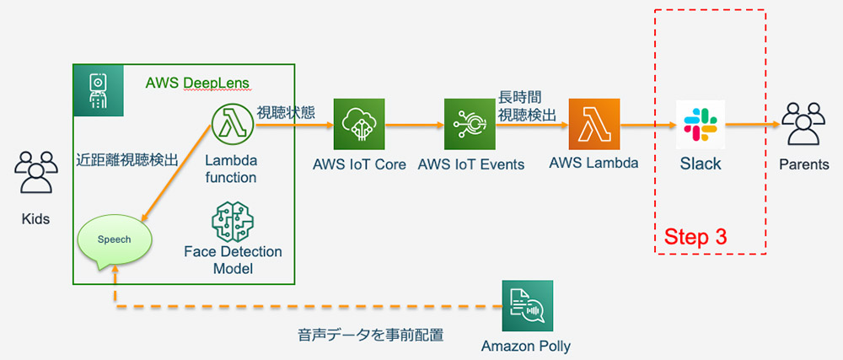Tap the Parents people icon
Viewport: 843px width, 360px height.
(x=803, y=124)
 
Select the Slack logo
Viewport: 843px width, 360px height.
(x=700, y=125)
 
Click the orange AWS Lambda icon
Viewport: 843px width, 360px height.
(x=594, y=124)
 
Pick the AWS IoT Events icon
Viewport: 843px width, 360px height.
(x=470, y=124)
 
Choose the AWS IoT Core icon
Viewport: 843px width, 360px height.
(x=359, y=124)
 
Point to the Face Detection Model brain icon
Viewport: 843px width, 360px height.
(x=233, y=222)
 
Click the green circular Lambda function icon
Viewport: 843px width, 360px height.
(x=233, y=125)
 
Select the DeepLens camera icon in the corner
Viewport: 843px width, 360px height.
(x=99, y=90)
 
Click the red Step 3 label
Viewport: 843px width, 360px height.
(x=695, y=236)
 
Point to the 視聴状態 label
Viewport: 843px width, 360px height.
(x=286, y=112)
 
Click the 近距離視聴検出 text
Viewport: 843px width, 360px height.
(x=127, y=159)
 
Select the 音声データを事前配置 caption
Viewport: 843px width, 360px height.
(x=371, y=336)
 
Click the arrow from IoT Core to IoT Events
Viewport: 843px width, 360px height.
(x=415, y=125)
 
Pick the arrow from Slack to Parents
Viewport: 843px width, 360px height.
(x=753, y=125)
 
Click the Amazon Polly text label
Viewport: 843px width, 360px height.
(x=526, y=347)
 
